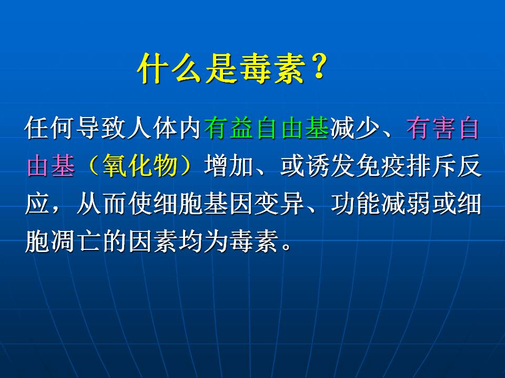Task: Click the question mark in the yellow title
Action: [x=319, y=66]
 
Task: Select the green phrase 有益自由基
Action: [x=266, y=128]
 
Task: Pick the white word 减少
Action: [x=355, y=128]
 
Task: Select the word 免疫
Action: [x=381, y=166]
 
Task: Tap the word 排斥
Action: [x=431, y=166]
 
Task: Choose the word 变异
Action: [x=279, y=204]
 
